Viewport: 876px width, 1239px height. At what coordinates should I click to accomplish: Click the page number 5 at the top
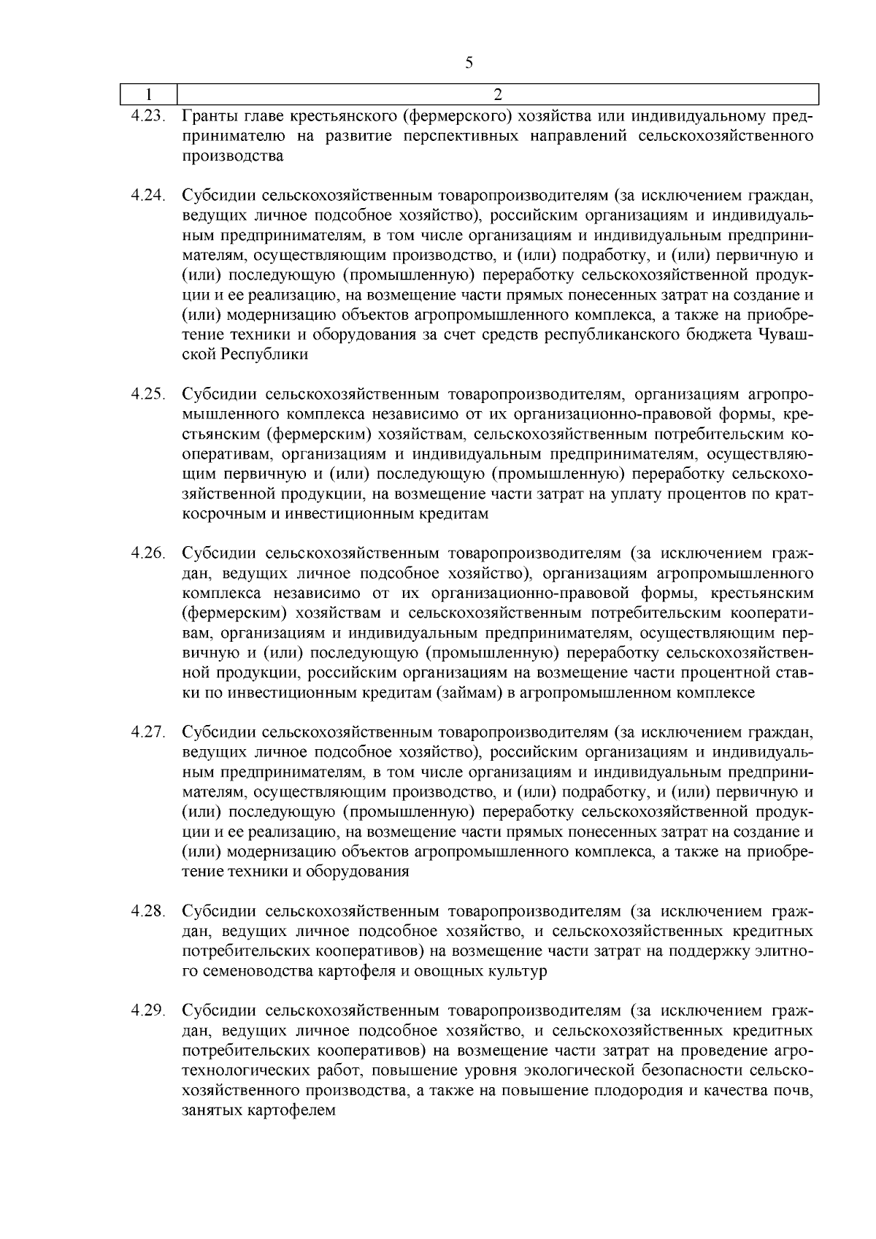coord(469,63)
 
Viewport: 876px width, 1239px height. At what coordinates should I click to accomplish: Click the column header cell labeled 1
coord(149,95)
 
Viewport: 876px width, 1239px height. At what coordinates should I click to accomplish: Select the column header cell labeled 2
coord(498,95)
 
